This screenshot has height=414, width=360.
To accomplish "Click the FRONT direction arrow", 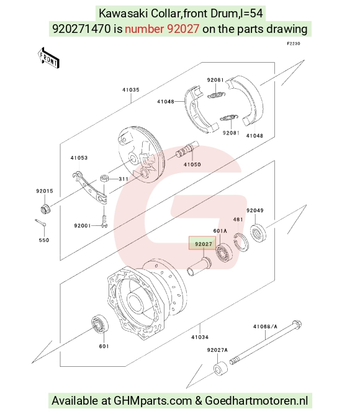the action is [48, 58].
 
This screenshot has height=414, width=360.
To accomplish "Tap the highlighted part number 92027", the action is [203, 244].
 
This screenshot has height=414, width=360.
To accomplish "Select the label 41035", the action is [131, 90].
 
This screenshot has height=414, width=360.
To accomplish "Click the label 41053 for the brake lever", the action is [79, 158].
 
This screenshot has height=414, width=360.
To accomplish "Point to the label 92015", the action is [45, 191].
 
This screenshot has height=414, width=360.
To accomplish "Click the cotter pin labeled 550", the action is [40, 223].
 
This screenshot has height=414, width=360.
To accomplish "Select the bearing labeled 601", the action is [100, 324].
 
